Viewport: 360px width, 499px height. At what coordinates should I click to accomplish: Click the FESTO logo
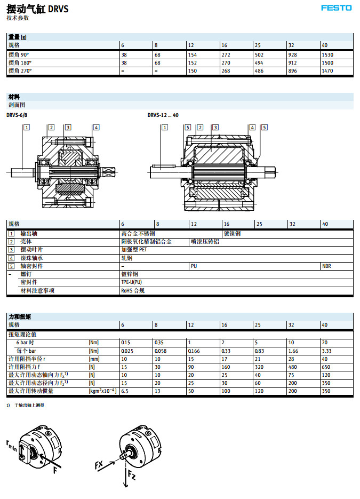336,8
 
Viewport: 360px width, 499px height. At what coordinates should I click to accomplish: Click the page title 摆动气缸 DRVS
37,9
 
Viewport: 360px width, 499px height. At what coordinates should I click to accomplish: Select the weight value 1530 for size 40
328,54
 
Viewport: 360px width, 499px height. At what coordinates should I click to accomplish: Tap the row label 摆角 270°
20,70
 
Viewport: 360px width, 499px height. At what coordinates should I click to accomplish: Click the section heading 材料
14,97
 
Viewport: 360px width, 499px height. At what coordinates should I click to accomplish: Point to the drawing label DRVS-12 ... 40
163,115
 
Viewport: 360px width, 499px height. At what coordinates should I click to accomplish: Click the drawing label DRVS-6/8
17,115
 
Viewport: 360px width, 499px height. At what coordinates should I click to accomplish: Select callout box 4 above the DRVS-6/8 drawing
96,127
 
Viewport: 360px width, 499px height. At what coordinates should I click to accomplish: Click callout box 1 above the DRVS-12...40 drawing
165,127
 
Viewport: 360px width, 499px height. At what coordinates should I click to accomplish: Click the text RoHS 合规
133,291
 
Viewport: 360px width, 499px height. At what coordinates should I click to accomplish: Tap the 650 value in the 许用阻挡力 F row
326,367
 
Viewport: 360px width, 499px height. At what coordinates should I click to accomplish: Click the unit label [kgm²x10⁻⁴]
102,391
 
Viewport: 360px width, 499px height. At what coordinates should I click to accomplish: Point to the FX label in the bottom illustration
99,465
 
